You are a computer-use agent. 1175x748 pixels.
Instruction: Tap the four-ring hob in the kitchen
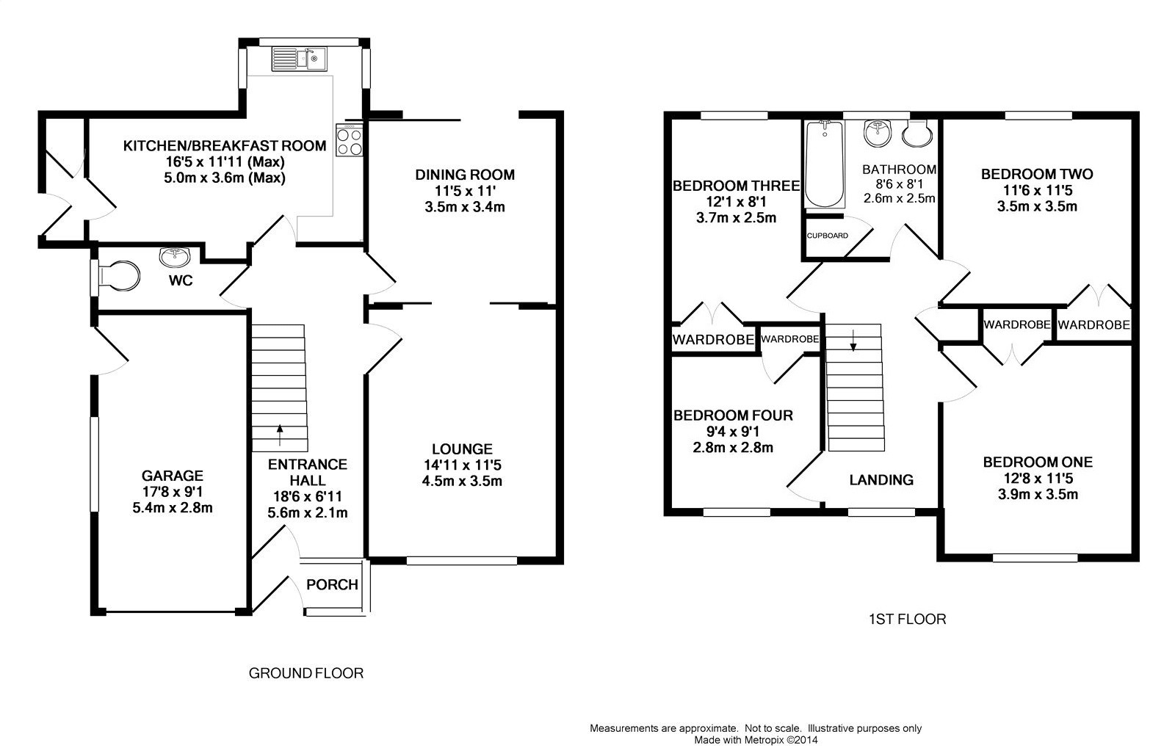(x=348, y=139)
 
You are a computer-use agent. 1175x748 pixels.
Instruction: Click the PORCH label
(x=332, y=584)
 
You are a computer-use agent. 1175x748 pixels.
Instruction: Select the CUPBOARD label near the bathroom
(x=827, y=236)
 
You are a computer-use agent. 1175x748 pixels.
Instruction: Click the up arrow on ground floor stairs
(x=279, y=433)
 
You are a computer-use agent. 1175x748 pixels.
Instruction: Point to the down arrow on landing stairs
(x=853, y=339)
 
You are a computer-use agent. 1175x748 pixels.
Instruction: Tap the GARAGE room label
(x=173, y=476)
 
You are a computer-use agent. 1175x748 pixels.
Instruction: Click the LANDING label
(x=881, y=480)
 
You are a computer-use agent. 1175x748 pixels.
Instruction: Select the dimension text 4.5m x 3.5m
(x=462, y=482)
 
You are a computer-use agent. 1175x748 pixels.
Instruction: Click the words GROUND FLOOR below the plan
(x=306, y=672)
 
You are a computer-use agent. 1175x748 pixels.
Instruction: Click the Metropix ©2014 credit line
(x=756, y=740)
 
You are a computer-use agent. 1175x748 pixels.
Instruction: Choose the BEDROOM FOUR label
(x=733, y=415)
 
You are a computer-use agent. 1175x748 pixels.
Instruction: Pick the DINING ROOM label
(x=465, y=175)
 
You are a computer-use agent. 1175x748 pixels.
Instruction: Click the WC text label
(x=181, y=280)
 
